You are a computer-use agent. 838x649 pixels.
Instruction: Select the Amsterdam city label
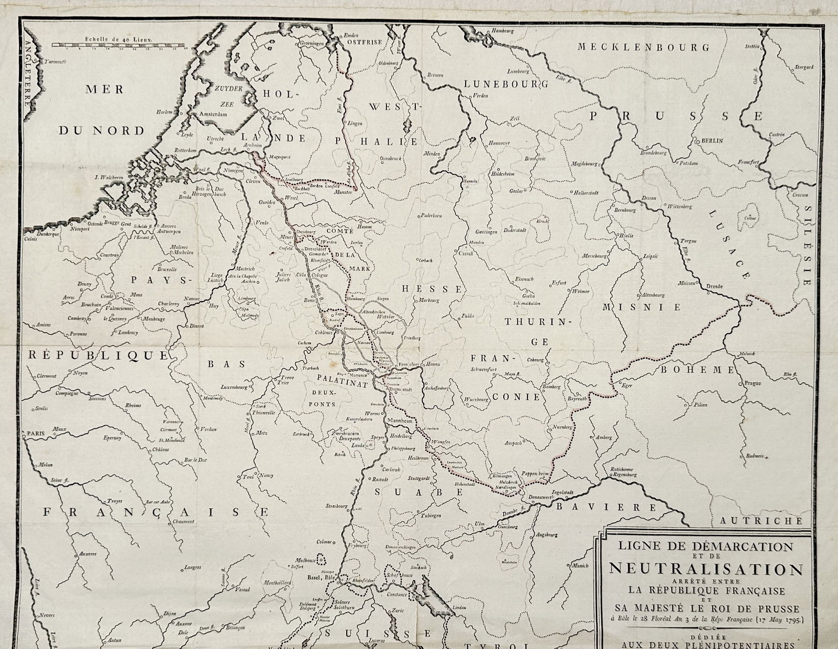(x=215, y=114)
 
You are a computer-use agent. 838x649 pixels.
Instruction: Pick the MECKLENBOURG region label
(x=643, y=47)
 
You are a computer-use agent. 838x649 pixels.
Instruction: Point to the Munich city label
(x=580, y=566)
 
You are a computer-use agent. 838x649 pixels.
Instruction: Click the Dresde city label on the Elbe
(x=714, y=287)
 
